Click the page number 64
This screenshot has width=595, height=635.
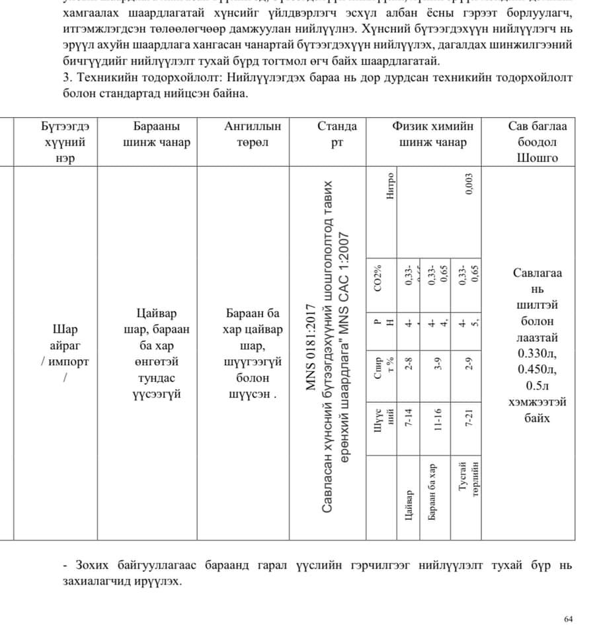(568, 619)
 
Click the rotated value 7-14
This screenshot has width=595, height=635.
(409, 418)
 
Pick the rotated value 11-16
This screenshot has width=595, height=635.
(437, 418)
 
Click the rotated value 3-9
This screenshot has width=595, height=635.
(437, 364)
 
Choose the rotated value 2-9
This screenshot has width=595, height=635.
(469, 364)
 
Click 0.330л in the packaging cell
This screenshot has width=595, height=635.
(537, 353)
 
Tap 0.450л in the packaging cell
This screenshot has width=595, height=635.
(537, 369)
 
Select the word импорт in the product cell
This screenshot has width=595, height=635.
(68, 362)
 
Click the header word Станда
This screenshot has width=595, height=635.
(337, 126)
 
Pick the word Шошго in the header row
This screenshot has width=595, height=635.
(537, 157)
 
